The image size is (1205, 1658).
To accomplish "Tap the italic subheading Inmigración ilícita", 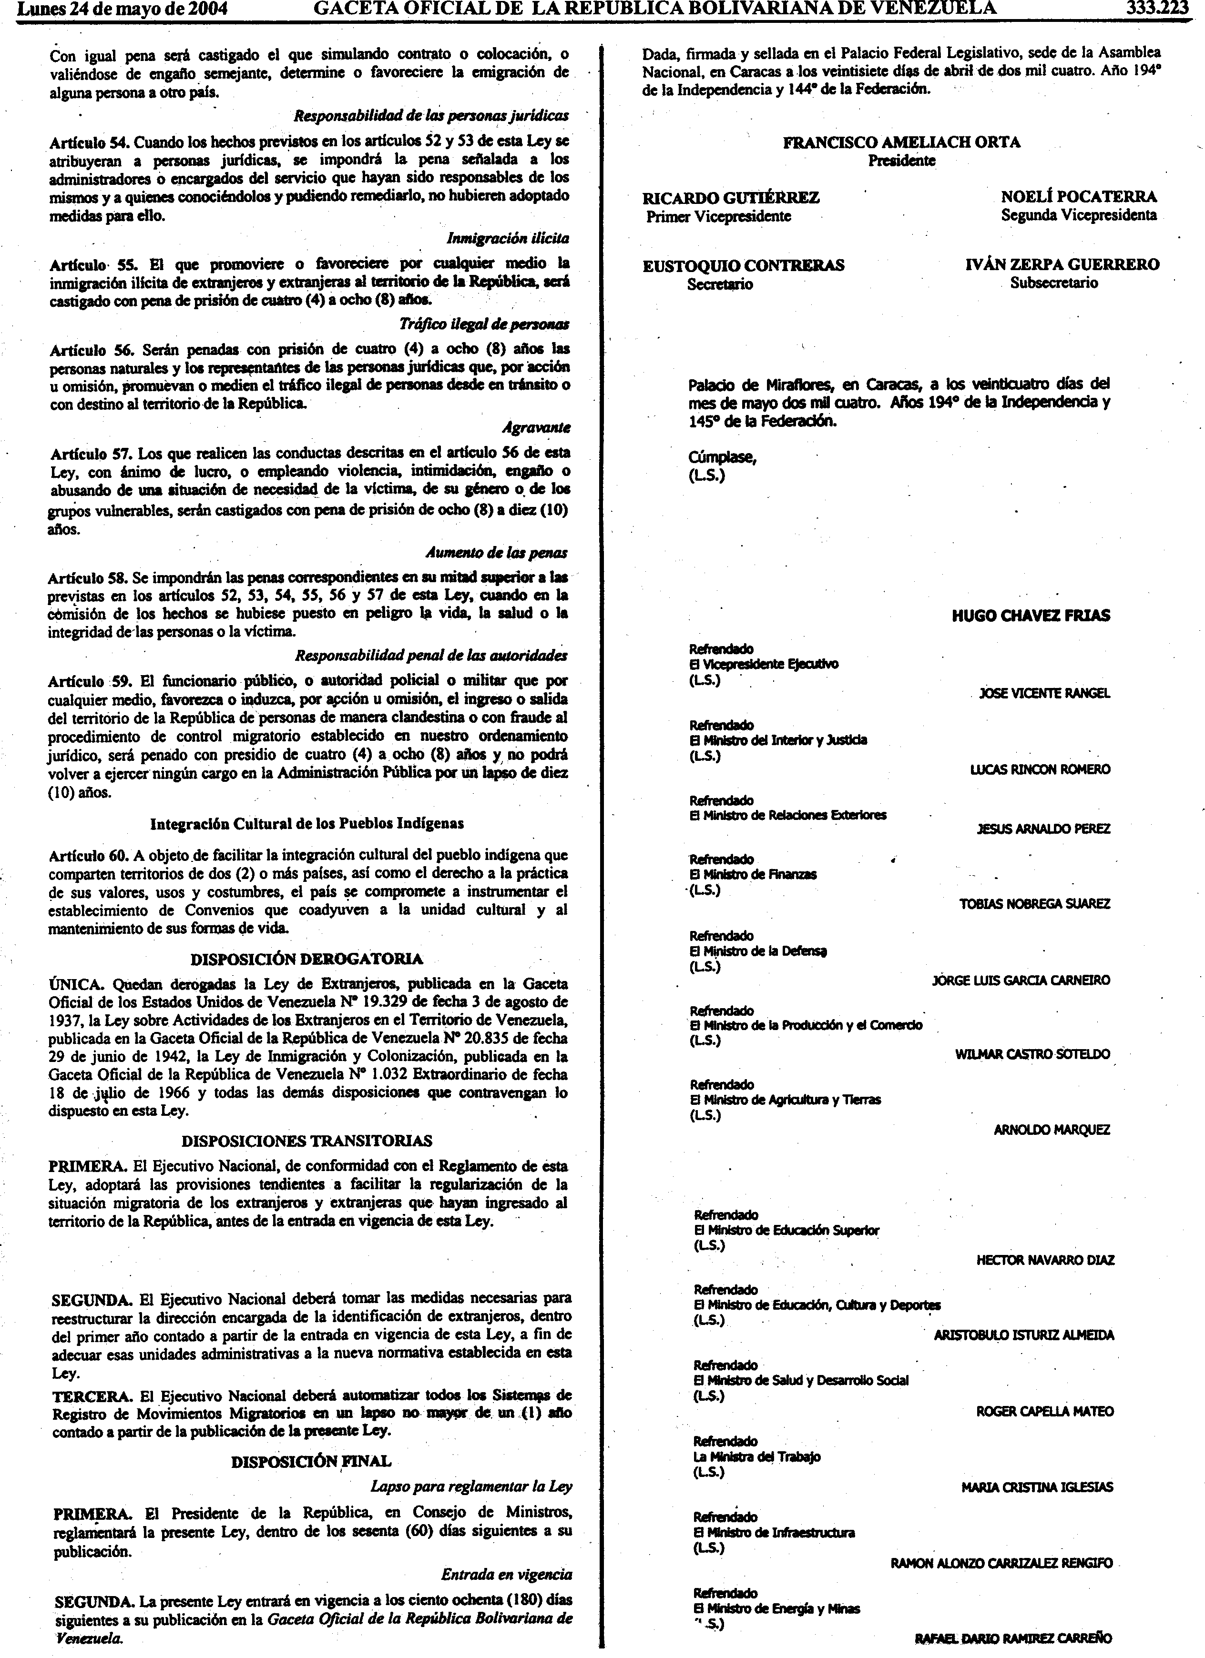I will [508, 238].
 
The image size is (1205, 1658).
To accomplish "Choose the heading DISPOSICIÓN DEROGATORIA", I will [306, 959].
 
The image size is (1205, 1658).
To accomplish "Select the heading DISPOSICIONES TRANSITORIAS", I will [306, 1141].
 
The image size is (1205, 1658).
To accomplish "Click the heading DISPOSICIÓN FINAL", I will [311, 1461].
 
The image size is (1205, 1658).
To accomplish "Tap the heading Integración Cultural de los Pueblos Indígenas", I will [306, 823].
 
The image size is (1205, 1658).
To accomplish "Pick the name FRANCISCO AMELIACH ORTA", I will [901, 142].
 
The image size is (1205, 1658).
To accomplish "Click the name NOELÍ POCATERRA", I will [1079, 197].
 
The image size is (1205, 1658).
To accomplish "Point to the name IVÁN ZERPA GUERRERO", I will [1062, 264].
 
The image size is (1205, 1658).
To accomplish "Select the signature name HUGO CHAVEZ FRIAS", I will [1030, 616].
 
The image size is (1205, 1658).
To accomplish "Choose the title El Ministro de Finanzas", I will [753, 874].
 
